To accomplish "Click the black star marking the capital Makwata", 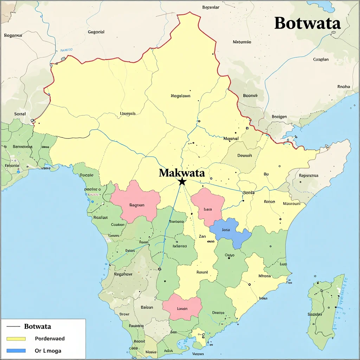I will (182, 182).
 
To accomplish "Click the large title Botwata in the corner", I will (307, 23).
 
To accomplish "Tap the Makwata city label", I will (181, 173).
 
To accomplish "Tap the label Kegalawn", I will (180, 96).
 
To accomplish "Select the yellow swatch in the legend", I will (16, 339).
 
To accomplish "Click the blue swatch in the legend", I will (16, 351).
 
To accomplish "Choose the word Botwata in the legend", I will (38, 326).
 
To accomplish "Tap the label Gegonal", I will (96, 32).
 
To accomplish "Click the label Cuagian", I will (321, 59).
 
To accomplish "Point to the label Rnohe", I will (343, 86).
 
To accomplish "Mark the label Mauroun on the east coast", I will (291, 203).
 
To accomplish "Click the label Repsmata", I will (308, 175).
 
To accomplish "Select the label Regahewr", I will (123, 274).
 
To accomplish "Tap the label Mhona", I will (264, 276).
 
